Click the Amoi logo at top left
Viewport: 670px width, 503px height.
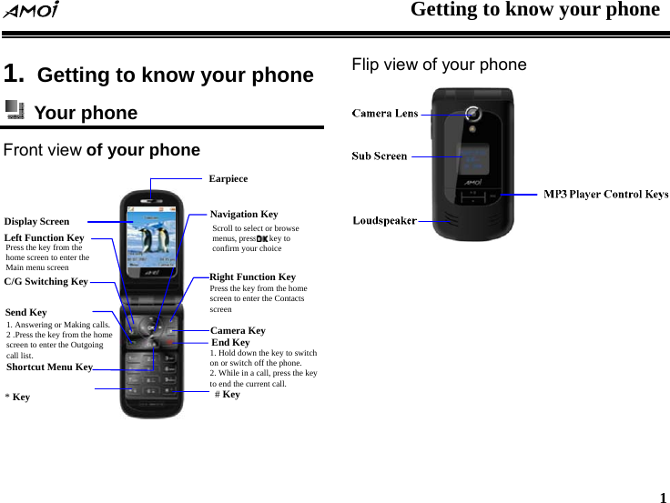(30, 11)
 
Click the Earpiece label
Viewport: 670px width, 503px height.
(228, 179)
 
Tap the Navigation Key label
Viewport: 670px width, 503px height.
(244, 215)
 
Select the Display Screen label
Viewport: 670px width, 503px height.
(36, 221)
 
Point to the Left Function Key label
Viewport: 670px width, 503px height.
(44, 237)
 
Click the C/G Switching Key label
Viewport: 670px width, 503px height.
(46, 282)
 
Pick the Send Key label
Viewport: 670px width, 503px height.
(25, 312)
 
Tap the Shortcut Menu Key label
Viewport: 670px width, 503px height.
(49, 367)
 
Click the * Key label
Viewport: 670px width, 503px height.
(17, 397)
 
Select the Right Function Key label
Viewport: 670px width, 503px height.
(252, 277)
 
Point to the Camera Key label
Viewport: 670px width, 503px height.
(238, 330)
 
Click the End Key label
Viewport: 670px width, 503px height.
(230, 342)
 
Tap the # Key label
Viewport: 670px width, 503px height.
(228, 395)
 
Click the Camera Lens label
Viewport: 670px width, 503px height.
(385, 114)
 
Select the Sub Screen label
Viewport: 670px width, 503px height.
(380, 156)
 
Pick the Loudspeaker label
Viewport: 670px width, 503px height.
(385, 220)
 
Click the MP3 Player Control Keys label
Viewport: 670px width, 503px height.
(605, 194)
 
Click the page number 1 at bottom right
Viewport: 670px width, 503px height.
(662, 498)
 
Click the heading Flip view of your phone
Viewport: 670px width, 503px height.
(439, 65)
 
